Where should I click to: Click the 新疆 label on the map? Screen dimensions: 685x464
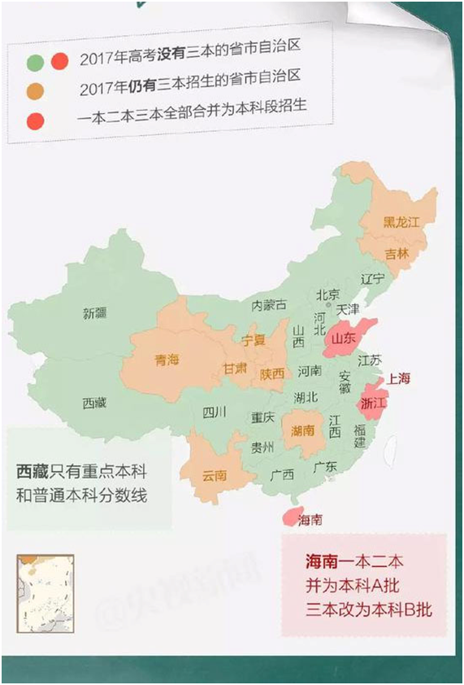[94, 312]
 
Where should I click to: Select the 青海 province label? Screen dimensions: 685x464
[166, 360]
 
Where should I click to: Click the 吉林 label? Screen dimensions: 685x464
[397, 253]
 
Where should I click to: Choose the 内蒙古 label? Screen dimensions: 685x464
[269, 305]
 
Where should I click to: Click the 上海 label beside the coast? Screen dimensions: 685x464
[400, 378]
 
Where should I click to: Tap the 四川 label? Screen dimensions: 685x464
[215, 412]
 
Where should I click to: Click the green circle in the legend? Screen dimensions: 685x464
[34, 60]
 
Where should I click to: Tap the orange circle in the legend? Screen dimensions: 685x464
[34, 89]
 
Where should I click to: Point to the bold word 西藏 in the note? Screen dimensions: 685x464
[33, 472]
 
